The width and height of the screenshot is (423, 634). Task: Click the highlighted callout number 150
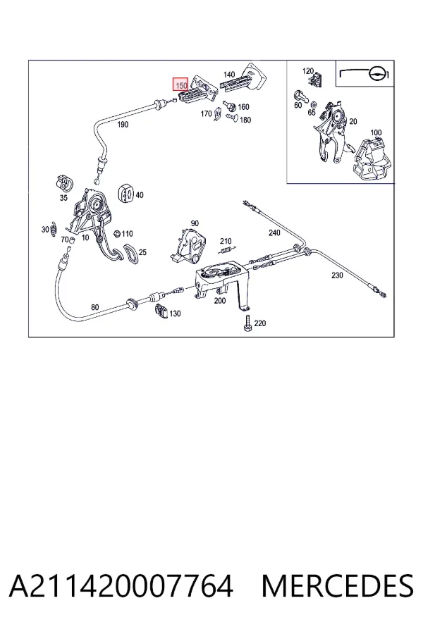(181, 85)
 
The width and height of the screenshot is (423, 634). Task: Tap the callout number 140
(229, 75)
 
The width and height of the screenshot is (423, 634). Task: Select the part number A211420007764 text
(121, 586)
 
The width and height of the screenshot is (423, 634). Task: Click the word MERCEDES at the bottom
(337, 586)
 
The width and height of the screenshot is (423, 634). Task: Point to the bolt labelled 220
(247, 323)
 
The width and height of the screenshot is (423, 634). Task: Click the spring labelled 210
(227, 250)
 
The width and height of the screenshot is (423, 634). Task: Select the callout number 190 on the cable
(123, 125)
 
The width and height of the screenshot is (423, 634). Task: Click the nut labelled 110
(116, 233)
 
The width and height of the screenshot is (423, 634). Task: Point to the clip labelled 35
(63, 182)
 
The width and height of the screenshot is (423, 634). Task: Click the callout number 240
(274, 232)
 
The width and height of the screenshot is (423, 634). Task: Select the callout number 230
(337, 275)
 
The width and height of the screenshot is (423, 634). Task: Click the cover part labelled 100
(374, 158)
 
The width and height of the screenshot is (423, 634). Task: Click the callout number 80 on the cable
(94, 307)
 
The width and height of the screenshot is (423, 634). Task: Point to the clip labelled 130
(162, 311)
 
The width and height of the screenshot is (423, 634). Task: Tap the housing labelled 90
(188, 244)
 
